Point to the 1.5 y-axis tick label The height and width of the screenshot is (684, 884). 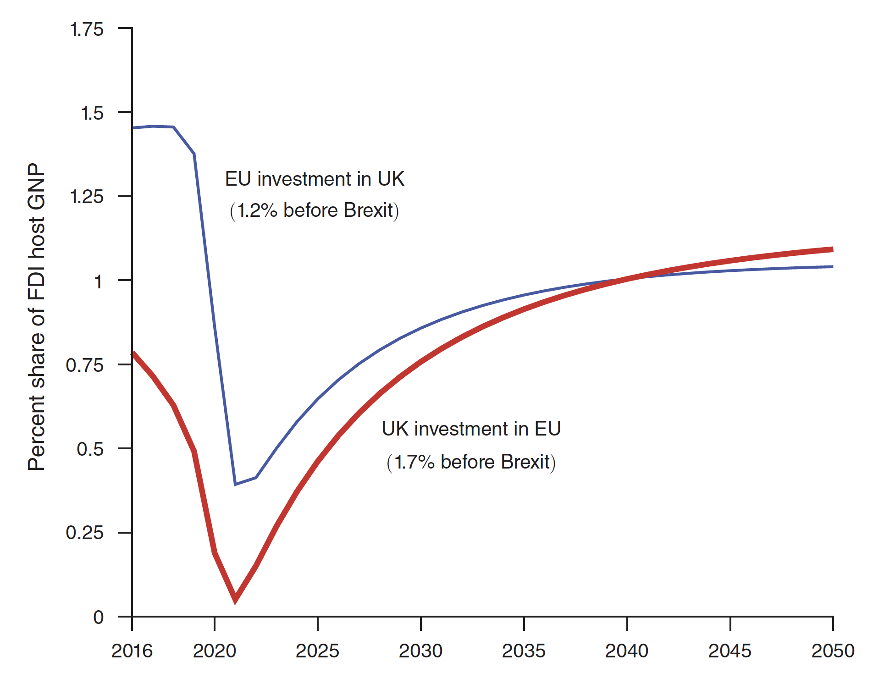pos(92,113)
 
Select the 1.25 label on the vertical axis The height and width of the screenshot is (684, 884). pos(87,197)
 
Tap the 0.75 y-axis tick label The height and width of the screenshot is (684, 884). pos(85,365)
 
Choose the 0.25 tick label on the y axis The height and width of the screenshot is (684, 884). pos(85,533)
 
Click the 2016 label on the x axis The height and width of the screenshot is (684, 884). pos(132,651)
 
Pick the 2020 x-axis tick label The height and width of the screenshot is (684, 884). pos(214,651)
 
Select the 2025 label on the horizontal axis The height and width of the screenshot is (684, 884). pos(317,651)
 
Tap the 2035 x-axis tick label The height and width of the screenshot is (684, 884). pos(524,651)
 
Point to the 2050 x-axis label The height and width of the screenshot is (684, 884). pos(833,651)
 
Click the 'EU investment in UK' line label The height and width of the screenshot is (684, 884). pos(315,179)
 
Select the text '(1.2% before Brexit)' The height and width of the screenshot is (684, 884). pos(315,210)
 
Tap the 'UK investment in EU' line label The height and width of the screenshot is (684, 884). pos(471,429)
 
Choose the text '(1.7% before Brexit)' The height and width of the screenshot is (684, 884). pos(471,462)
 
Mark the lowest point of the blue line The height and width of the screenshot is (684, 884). pos(235,484)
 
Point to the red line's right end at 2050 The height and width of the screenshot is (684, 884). pos(832,249)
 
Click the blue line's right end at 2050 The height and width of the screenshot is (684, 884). pos(832,267)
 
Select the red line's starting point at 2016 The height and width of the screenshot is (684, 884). pos(133,353)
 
